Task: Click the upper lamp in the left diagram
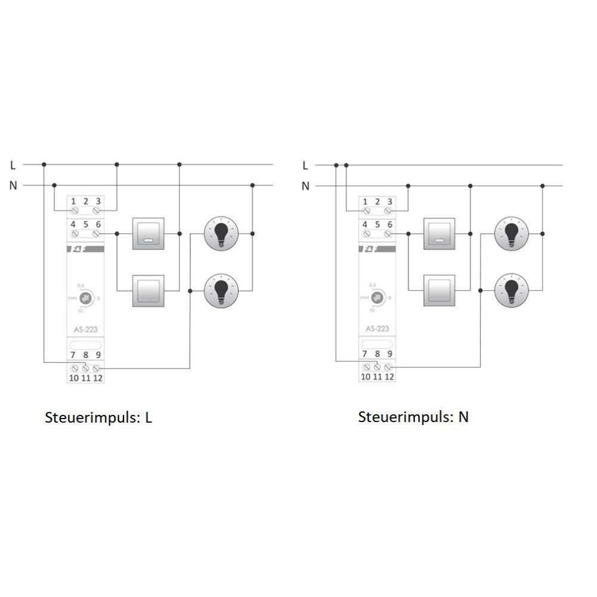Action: click(221, 233)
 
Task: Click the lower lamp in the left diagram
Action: click(221, 291)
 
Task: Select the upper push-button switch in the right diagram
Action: click(439, 233)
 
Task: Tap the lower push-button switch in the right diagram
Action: click(439, 291)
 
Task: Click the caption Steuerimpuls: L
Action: click(99, 417)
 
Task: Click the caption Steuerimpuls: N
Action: click(413, 417)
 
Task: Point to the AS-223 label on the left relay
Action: click(85, 328)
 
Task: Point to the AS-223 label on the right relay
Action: click(377, 328)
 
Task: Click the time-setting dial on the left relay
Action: click(85, 296)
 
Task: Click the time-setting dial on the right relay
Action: click(377, 296)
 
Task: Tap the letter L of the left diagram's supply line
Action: click(13, 165)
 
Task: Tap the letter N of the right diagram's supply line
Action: click(306, 186)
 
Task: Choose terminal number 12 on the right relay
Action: click(389, 377)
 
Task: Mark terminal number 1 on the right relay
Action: click(366, 202)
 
